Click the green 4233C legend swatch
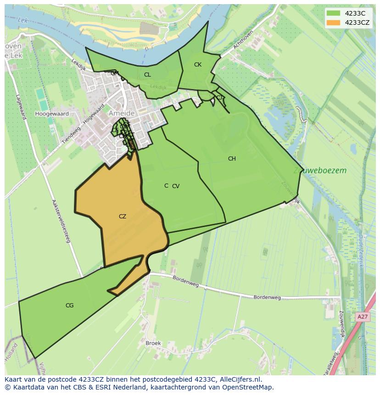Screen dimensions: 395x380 pyautogui.click(x=334, y=13)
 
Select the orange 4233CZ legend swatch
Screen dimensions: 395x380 pyautogui.click(x=334, y=22)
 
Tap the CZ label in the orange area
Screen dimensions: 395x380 pyautogui.click(x=123, y=217)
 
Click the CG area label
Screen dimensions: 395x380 pyautogui.click(x=69, y=306)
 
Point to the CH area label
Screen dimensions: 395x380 pyautogui.click(x=232, y=159)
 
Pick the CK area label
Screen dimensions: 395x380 pyautogui.click(x=198, y=65)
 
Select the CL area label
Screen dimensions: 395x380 pyautogui.click(x=147, y=75)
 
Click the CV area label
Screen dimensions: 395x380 pyautogui.click(x=176, y=186)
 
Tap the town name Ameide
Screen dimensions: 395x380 pyautogui.click(x=122, y=113)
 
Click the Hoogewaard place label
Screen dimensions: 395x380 pyautogui.click(x=52, y=114)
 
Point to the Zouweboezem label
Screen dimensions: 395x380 pyautogui.click(x=320, y=171)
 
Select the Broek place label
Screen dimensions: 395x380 pyautogui.click(x=153, y=343)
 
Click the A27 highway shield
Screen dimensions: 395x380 pyautogui.click(x=363, y=317)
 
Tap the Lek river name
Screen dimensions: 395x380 pyautogui.click(x=22, y=21)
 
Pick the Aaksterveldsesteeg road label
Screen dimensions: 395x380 pyautogui.click(x=61, y=221)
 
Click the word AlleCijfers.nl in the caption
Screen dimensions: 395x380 pyautogui.click(x=239, y=379)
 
